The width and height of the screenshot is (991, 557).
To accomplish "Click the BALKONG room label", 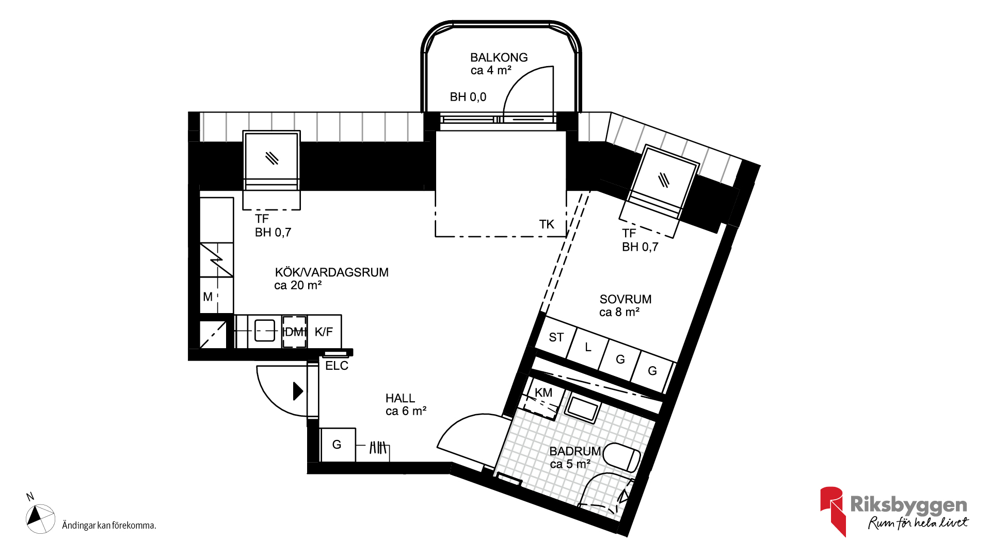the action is tap(499, 57).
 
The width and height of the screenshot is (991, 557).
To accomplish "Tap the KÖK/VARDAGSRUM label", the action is tap(331, 272).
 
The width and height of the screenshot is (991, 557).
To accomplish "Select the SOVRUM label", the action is tap(626, 299).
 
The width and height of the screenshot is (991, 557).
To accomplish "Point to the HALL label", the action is tap(400, 398).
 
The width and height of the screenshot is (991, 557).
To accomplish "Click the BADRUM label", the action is tap(575, 451).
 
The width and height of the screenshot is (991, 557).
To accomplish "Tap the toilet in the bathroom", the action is tap(622, 457).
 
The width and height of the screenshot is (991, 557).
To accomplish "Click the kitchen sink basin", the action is tap(265, 331).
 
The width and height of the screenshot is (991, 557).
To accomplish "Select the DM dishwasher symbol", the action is tap(295, 332).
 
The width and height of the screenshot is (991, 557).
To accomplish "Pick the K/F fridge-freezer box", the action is tap(324, 332).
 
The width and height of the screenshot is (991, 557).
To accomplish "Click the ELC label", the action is tap(337, 366).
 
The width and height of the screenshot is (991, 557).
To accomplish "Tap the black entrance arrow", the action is tap(298, 391).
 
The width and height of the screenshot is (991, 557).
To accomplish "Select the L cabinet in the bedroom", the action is tap(588, 348).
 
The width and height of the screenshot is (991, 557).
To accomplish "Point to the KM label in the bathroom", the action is tap(544, 392).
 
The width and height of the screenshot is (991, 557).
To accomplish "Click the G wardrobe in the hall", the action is tap(338, 445).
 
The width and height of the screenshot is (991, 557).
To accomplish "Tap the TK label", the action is tap(547, 224).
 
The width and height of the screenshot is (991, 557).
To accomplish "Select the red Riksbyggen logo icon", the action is tap(833, 511).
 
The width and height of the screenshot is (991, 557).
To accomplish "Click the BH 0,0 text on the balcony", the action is tap(468, 97).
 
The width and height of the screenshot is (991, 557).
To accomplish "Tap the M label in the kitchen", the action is tap(207, 297).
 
